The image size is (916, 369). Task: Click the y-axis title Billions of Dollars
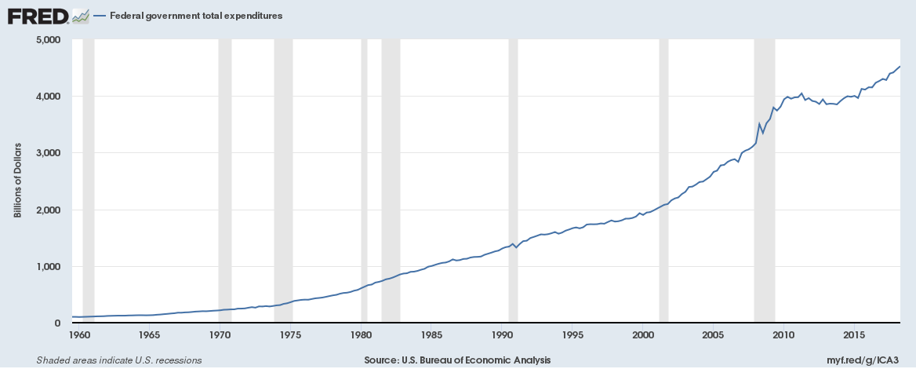click(x=17, y=181)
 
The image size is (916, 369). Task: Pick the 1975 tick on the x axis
click(x=291, y=335)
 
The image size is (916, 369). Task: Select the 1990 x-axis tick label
click(x=502, y=335)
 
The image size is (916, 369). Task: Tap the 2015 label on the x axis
click(x=854, y=335)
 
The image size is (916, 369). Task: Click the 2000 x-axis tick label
click(x=643, y=335)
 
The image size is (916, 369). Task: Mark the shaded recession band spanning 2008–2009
click(x=764, y=181)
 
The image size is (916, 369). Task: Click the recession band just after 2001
click(x=663, y=181)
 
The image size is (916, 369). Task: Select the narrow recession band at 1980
click(x=364, y=181)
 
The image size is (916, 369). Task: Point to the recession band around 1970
click(x=225, y=181)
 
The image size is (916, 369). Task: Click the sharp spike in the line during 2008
click(x=759, y=124)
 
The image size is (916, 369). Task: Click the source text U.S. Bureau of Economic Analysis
click(x=457, y=360)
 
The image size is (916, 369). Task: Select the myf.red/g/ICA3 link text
click(x=871, y=360)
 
